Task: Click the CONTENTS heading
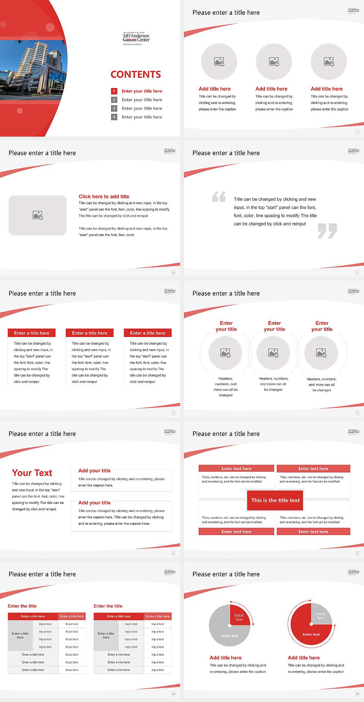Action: tap(136, 74)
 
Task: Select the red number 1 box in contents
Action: tap(114, 91)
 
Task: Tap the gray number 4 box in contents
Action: tap(114, 117)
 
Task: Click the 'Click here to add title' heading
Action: tap(104, 197)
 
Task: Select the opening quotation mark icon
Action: tap(219, 197)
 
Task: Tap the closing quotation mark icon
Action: tap(327, 231)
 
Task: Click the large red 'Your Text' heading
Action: tap(32, 473)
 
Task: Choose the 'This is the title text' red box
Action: tap(275, 500)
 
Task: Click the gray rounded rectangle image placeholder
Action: tap(38, 215)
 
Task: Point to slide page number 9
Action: tap(357, 554)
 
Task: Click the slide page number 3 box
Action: tap(357, 132)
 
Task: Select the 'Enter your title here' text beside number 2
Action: tap(142, 100)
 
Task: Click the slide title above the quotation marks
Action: tap(226, 153)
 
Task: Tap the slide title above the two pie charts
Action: tap(226, 574)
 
